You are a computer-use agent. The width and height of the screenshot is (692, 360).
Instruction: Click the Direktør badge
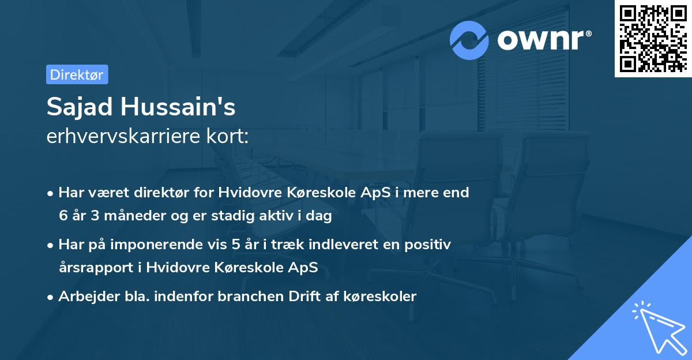tap(77, 74)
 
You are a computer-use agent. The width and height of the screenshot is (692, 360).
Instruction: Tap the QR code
tap(652, 39)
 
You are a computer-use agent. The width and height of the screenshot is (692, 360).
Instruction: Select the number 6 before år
tap(63, 216)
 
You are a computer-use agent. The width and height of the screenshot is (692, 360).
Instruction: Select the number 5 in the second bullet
tap(236, 245)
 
